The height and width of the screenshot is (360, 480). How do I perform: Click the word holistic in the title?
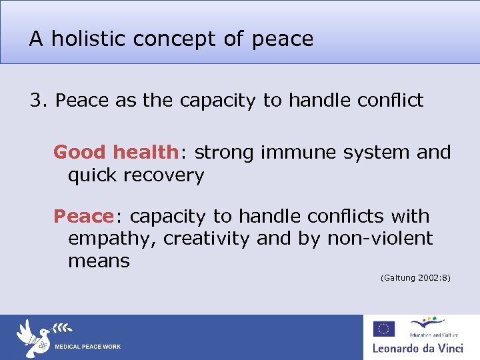point(89,39)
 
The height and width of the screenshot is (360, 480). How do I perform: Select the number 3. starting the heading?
point(39,101)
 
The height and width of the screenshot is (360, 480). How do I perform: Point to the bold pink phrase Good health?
point(115,153)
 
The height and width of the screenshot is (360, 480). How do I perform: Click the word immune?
point(291,153)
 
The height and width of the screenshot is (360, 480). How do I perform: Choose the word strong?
point(225,153)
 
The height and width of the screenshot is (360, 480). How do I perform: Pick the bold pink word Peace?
point(84,217)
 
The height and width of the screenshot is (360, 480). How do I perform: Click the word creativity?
point(204,239)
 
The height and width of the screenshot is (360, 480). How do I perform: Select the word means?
point(99,261)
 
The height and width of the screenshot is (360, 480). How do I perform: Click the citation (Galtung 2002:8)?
point(415,277)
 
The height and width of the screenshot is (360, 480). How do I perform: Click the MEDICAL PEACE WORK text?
point(87,347)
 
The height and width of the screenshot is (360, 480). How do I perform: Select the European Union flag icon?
point(383,329)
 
